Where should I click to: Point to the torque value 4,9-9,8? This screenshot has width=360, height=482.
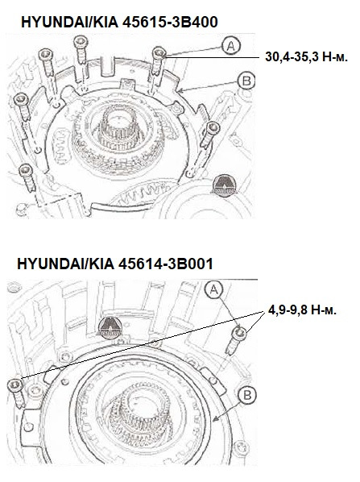[287, 308]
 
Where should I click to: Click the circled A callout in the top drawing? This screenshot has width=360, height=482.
[230, 48]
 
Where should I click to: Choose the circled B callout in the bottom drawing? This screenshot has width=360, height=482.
[248, 395]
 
